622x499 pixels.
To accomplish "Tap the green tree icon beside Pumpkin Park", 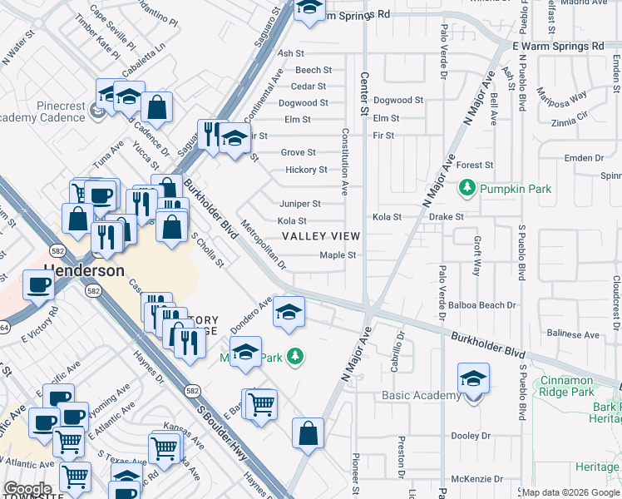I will (x=468, y=189).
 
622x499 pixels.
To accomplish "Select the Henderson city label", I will (x=83, y=271).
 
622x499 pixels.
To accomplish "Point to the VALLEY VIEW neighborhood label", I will (x=320, y=237).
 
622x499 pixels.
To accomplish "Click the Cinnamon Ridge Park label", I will (x=578, y=386).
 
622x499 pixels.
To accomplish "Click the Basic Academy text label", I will (x=421, y=395).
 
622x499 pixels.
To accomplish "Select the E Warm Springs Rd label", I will (x=558, y=46).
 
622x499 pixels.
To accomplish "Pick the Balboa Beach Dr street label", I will (x=481, y=305).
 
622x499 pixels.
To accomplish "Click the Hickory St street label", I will (x=306, y=170).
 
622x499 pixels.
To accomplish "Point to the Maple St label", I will (x=338, y=255).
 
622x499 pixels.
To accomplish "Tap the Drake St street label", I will (x=447, y=217).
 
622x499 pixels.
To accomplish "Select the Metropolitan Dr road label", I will (x=263, y=245).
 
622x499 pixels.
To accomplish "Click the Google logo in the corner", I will (x=27, y=489).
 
